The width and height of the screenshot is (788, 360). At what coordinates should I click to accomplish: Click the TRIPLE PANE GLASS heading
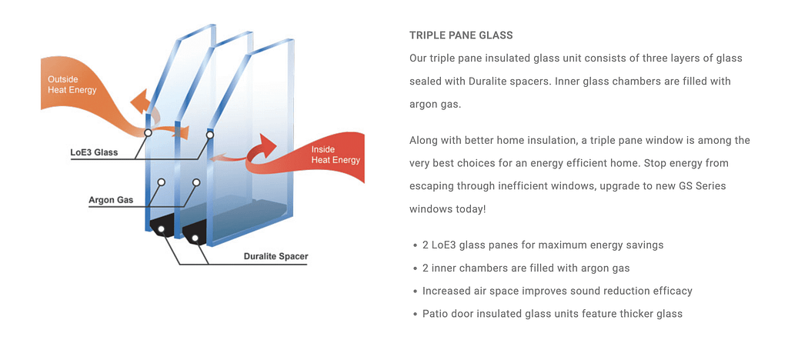click(461, 35)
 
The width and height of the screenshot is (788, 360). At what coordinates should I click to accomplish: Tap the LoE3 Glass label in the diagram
click(95, 152)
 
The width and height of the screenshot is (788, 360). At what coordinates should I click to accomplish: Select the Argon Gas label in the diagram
click(111, 200)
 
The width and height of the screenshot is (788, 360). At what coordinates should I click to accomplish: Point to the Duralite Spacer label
click(276, 257)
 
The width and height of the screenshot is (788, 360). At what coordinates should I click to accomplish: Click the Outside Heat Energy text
click(72, 85)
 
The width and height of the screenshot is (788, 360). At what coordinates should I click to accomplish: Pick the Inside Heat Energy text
click(336, 155)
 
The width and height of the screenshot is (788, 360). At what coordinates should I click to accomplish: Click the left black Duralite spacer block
click(162, 229)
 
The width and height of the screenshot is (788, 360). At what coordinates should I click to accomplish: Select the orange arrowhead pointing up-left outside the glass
click(139, 101)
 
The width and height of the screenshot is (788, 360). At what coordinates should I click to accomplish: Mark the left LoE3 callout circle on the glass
click(148, 133)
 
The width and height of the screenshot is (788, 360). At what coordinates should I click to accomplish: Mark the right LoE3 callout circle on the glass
click(209, 135)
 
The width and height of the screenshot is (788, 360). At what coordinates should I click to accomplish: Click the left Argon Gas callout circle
click(162, 182)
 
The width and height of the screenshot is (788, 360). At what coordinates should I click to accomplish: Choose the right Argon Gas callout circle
click(196, 182)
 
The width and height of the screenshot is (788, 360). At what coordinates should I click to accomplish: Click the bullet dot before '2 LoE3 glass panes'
click(415, 245)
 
